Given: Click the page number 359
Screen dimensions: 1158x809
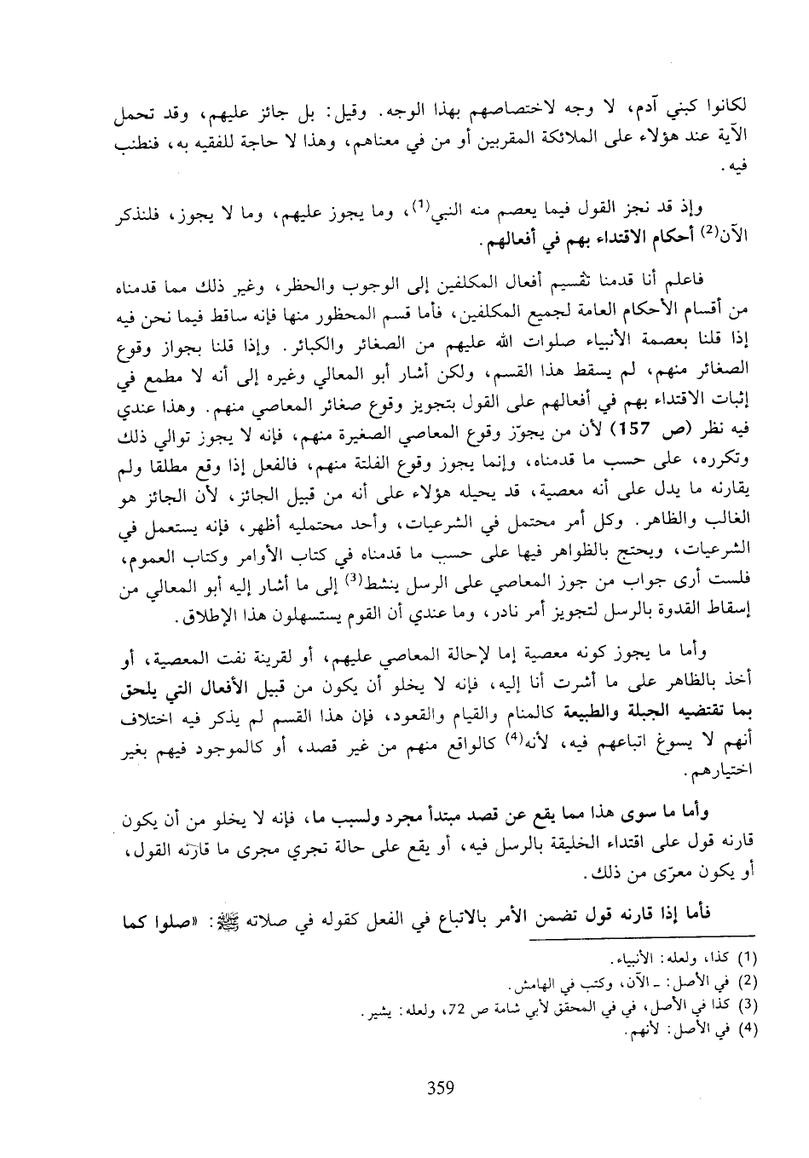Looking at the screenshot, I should pos(440,1086).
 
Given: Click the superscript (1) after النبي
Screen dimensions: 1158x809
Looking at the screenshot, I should pos(419,204).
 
